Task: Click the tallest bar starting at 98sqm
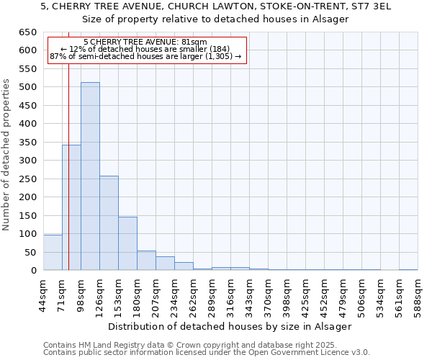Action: [90, 176]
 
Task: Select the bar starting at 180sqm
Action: [146, 261]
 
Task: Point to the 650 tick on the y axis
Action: [29, 32]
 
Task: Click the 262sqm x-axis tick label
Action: [193, 295]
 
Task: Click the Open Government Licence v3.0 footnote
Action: [207, 352]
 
